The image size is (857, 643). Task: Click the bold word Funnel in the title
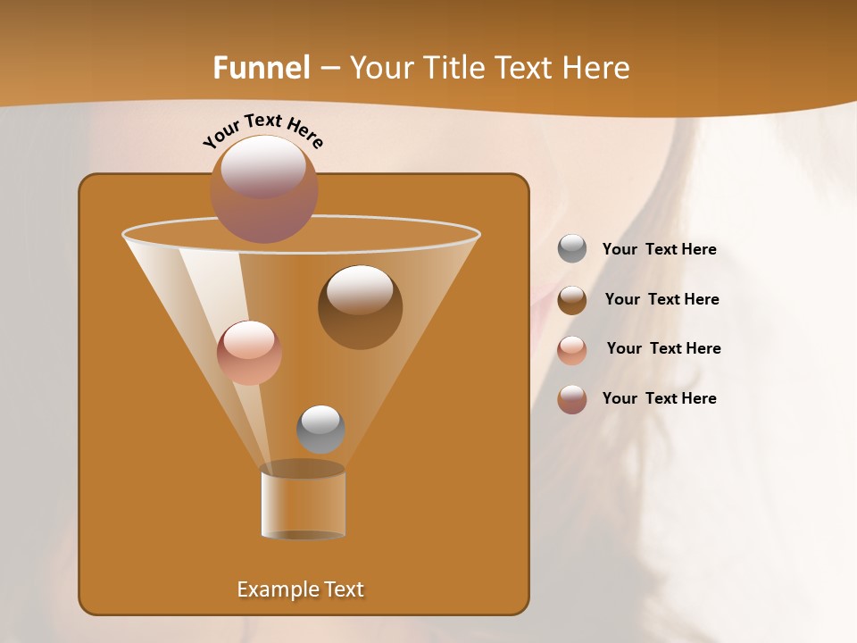tap(261, 67)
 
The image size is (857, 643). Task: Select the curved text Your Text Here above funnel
tap(263, 129)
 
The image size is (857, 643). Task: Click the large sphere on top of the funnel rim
tap(264, 189)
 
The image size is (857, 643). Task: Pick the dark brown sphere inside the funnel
tap(360, 307)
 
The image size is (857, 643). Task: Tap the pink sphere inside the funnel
tap(249, 353)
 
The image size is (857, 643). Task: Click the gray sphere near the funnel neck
tap(320, 430)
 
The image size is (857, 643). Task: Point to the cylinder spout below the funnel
tap(304, 502)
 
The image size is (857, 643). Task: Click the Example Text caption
tap(301, 589)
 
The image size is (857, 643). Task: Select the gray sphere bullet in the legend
tap(572, 249)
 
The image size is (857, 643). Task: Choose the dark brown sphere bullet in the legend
tap(572, 300)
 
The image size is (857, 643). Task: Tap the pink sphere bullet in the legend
tap(572, 350)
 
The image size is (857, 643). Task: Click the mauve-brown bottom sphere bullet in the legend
tap(572, 399)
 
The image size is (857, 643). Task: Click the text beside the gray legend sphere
tap(659, 249)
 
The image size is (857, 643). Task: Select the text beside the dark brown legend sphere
tap(661, 299)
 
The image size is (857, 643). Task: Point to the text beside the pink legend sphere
tap(663, 348)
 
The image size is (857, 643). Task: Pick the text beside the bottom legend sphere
tap(659, 398)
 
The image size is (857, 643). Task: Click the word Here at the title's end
tap(597, 67)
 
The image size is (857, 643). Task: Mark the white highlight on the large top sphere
tap(262, 167)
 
